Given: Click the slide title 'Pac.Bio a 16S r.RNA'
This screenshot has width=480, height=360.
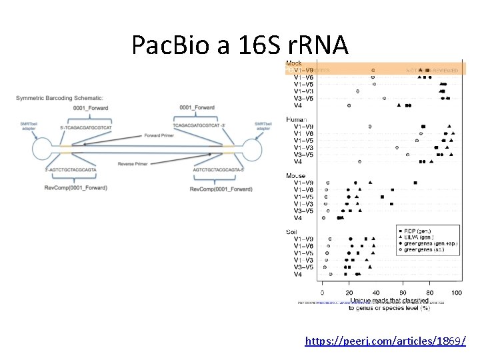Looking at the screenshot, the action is click(x=240, y=45).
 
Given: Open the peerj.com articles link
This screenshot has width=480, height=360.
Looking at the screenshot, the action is click(x=385, y=341).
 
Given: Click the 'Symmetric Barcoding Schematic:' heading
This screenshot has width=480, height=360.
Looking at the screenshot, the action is click(x=59, y=99).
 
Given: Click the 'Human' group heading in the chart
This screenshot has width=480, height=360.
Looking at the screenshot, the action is click(x=297, y=119).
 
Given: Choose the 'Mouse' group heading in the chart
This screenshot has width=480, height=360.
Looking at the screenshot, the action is click(x=296, y=176).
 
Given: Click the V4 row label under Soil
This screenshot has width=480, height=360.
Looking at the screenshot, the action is click(x=299, y=274).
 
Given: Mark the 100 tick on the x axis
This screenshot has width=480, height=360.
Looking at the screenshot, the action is click(x=457, y=293).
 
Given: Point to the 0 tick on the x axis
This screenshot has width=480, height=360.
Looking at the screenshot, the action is click(x=323, y=293).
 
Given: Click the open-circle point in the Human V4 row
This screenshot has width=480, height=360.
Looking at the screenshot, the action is click(x=359, y=161).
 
